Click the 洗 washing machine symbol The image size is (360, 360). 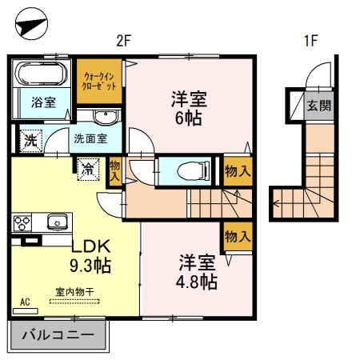[30, 138]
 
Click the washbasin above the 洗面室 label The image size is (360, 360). [105, 118]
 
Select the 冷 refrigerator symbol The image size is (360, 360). [86, 168]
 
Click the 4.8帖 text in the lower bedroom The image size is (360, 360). [197, 282]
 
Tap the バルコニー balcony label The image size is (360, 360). [58, 335]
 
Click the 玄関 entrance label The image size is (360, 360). [318, 105]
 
